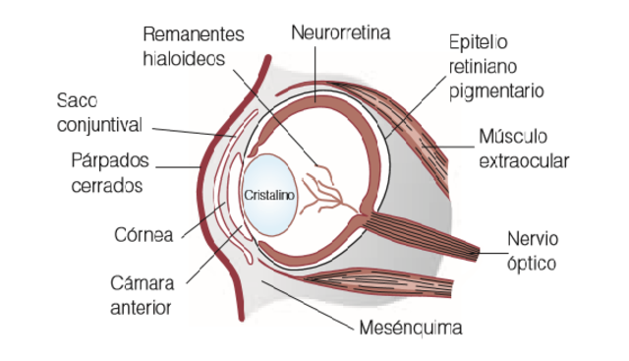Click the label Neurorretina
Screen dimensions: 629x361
pos(341,33)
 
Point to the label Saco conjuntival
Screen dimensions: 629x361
pos(99,113)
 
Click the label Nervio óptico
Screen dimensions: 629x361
pos(532,252)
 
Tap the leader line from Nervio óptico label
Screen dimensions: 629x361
pos(491,248)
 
